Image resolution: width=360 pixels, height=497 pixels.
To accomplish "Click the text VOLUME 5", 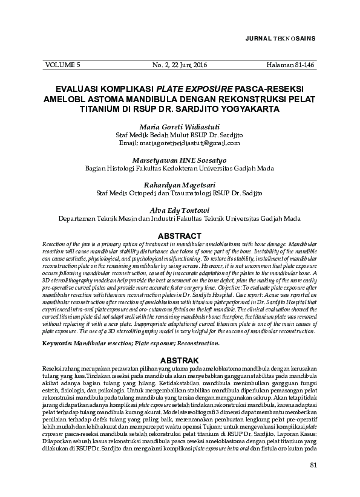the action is (62, 64).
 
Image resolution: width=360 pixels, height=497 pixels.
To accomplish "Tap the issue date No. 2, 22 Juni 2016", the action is (180, 64).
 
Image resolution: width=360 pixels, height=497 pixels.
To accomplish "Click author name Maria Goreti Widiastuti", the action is (180, 128).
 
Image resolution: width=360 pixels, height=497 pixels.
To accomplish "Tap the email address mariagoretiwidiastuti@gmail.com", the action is (180, 143).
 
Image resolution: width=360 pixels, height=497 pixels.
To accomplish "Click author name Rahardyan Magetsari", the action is (180, 184).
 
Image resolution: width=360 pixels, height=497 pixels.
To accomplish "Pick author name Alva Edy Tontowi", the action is (180, 209).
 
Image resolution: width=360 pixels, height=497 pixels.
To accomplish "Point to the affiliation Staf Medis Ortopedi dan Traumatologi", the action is (180, 193).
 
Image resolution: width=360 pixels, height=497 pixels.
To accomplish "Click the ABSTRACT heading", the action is (179, 235).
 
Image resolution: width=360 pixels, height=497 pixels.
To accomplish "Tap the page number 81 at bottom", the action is (313, 481).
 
